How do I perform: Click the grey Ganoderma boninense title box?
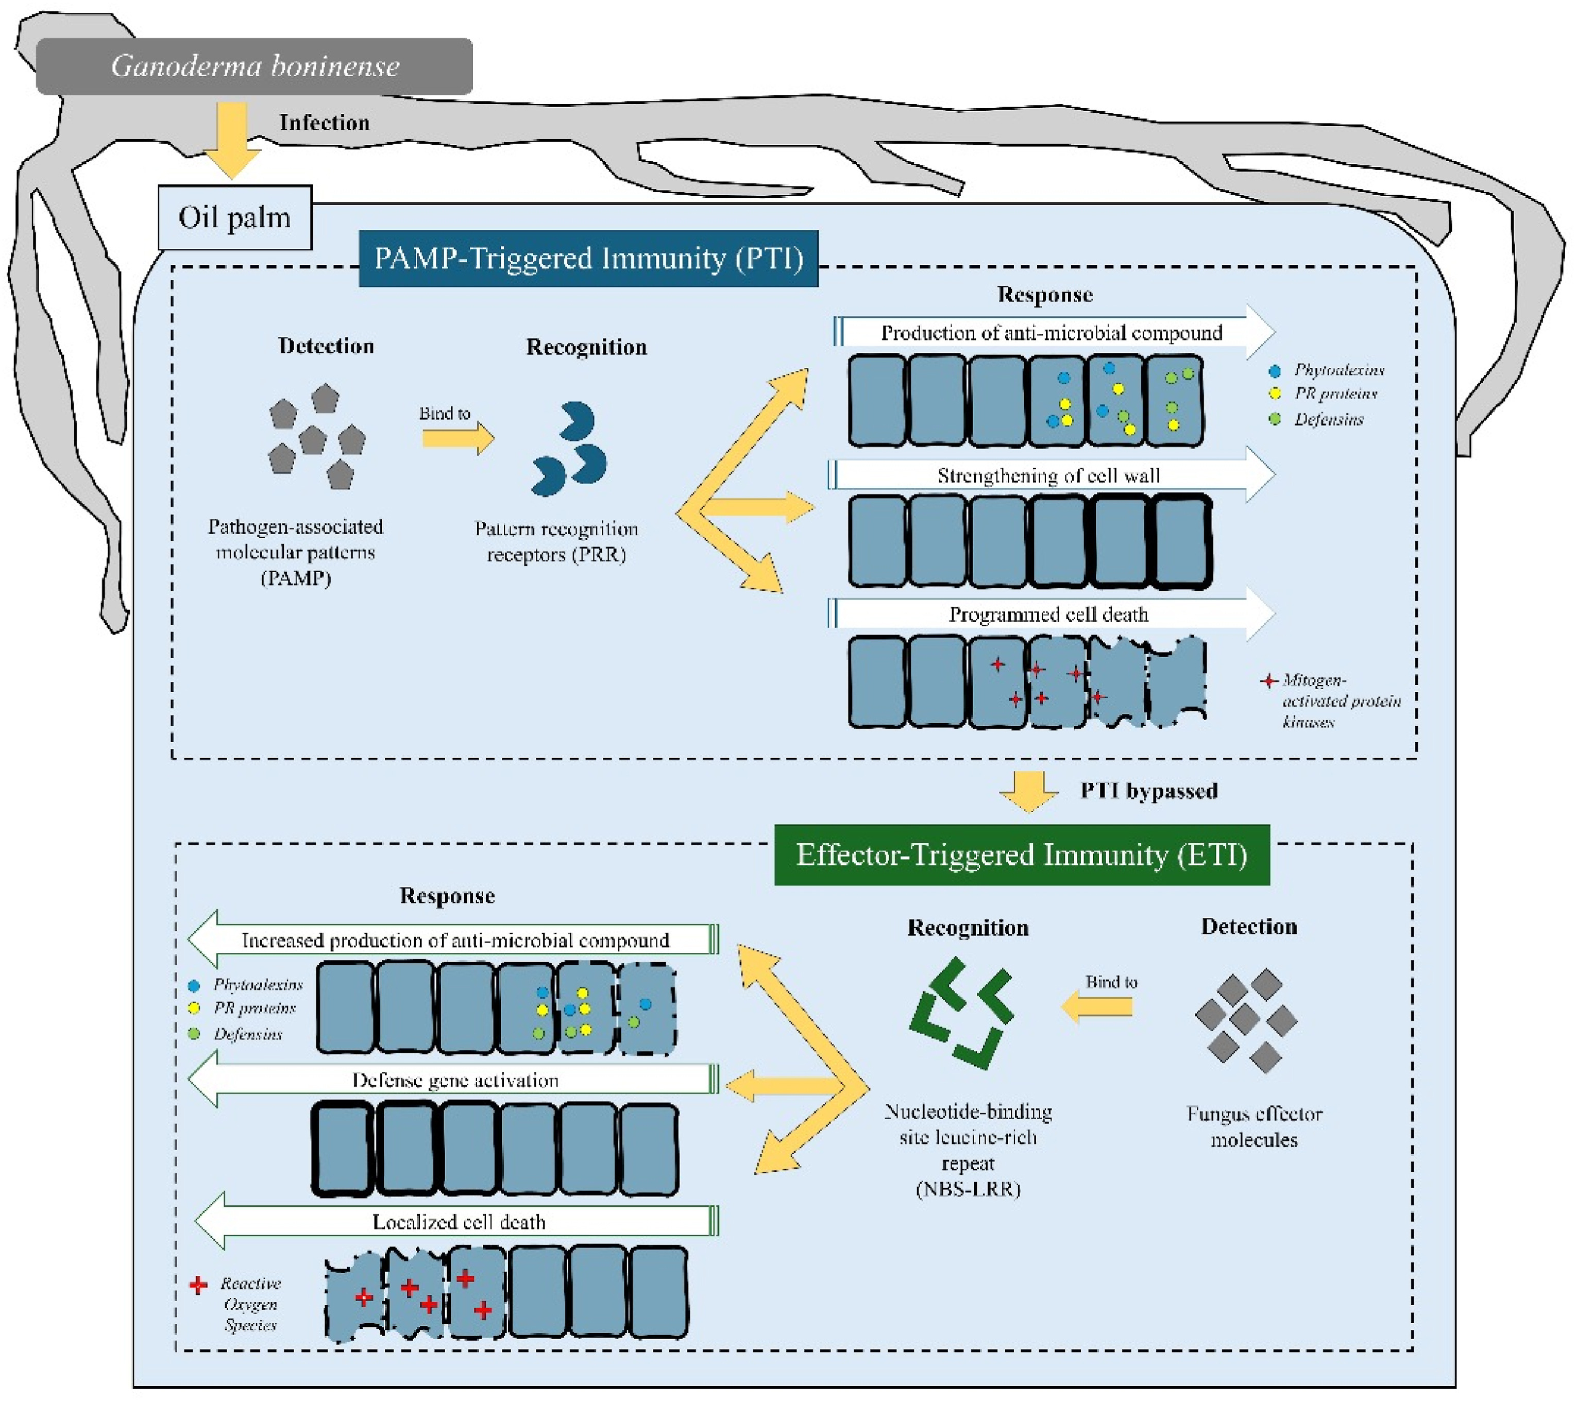click(255, 66)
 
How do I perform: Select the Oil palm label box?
click(234, 217)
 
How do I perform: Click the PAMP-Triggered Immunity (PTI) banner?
click(588, 258)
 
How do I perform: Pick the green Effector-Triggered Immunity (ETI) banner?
click(1022, 855)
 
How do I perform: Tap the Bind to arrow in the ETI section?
click(1097, 1006)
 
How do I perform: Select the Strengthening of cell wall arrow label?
click(1048, 476)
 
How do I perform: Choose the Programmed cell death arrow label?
click(1048, 614)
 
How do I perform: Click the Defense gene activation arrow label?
click(455, 1080)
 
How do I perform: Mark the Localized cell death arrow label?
click(459, 1222)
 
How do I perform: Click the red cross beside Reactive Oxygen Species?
click(198, 1285)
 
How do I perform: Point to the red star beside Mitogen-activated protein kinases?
click(1268, 681)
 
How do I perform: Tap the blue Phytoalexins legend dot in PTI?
click(1275, 371)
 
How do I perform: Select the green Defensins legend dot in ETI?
click(194, 1033)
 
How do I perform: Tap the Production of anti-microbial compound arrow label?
click(1052, 333)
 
